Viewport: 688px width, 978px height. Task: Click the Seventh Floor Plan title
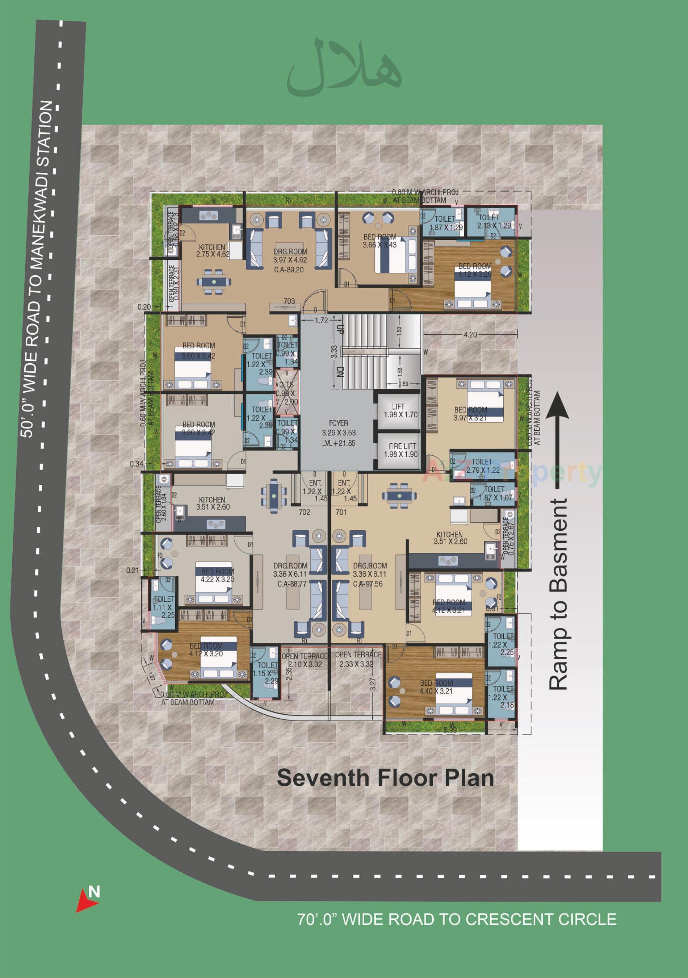coord(385,778)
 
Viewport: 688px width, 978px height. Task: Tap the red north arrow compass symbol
coord(87,901)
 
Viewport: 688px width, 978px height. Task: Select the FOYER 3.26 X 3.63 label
coord(339,428)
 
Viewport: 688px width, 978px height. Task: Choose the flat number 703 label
coord(289,301)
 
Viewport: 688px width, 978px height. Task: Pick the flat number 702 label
coord(305,512)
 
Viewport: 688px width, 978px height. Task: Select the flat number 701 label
coord(341,512)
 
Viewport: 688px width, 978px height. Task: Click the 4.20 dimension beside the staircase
coord(470,335)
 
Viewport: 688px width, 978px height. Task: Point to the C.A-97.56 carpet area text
coord(368,584)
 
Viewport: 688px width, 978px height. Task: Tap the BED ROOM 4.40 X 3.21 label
coord(436,687)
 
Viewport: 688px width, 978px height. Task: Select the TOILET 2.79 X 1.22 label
coord(482,466)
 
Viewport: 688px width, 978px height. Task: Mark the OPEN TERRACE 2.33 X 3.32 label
coord(358,659)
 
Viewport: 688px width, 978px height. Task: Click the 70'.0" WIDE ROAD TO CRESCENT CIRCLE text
coord(456,919)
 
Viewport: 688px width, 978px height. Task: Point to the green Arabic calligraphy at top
coord(344,68)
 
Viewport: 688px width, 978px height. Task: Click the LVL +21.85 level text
coord(339,443)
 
